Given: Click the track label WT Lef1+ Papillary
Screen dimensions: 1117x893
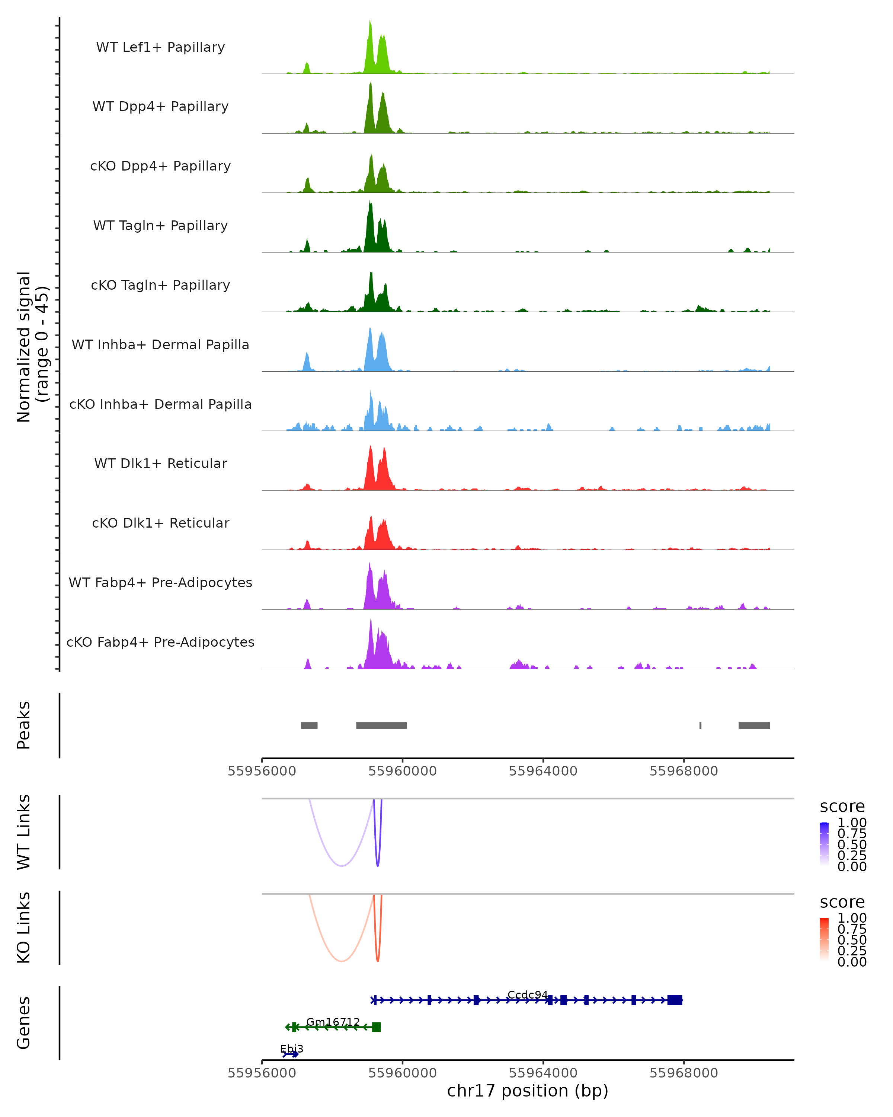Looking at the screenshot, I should pos(160,47).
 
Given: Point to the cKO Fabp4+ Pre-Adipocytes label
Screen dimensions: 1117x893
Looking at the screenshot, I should pos(160,642).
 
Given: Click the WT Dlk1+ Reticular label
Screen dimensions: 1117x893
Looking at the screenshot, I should pos(160,463).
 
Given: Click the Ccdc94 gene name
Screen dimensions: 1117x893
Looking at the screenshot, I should pos(527,995).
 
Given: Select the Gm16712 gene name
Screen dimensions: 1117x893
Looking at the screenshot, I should pos(333,1022).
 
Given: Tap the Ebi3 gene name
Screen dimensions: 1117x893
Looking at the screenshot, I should pos(291,1049).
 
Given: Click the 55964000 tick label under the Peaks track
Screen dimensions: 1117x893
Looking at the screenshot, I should pos(543,771).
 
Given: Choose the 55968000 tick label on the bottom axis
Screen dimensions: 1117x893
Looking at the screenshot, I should pos(684,1073).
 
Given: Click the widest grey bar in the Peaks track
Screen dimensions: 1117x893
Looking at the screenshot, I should pos(381,725).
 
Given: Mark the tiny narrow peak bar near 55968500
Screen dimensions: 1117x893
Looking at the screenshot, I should pos(700,725).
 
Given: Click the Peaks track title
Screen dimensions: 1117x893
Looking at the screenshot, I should pos(24,725).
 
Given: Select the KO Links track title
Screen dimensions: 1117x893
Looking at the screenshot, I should pos(24,927).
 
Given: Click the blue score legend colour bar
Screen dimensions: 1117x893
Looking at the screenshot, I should pos(824,844).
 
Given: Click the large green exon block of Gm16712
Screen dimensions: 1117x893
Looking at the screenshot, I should pos(376,1027).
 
